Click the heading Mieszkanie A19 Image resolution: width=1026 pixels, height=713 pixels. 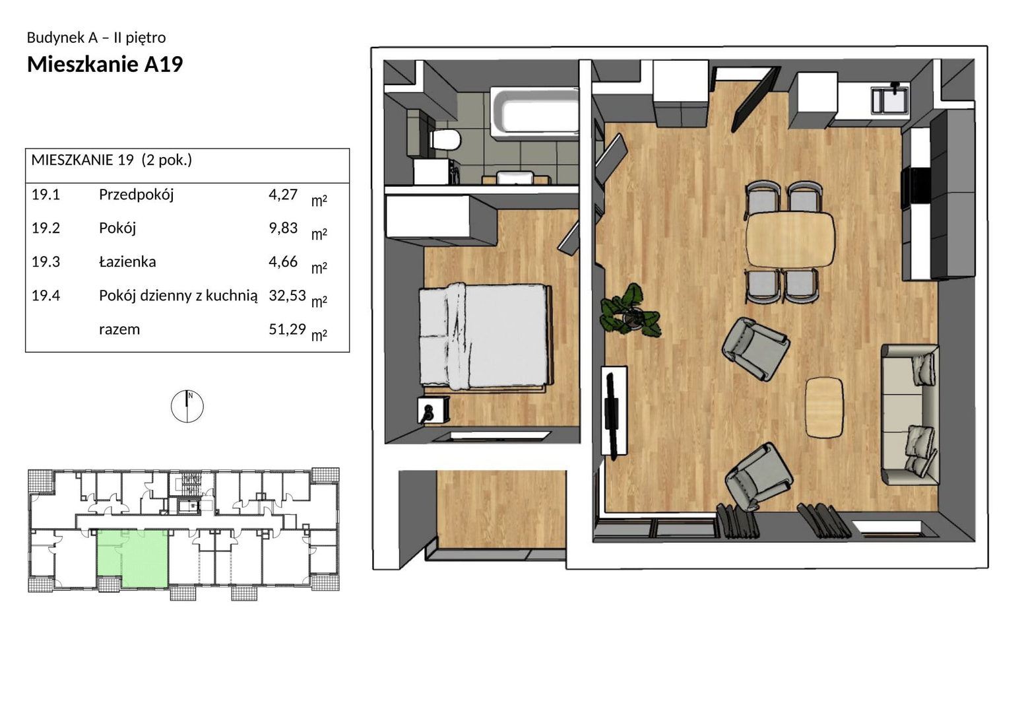coord(105,64)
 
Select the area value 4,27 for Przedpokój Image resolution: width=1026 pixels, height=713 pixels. coord(283,195)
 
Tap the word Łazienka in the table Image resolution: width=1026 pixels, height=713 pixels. coord(127,261)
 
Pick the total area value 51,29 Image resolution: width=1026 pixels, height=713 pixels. coord(287,329)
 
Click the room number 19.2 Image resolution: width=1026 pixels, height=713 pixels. coord(46,228)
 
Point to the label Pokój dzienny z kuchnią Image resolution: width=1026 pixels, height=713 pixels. coord(178,296)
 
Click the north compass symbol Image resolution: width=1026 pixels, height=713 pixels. coord(187,406)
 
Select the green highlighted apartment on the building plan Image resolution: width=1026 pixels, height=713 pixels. coord(133,559)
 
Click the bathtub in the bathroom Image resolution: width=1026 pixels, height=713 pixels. coord(534,112)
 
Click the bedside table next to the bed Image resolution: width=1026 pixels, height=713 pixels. coord(433,410)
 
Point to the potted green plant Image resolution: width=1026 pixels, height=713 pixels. coord(631,311)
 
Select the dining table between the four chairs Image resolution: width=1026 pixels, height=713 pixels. coord(790,239)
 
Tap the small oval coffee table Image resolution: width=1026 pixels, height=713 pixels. coord(824,407)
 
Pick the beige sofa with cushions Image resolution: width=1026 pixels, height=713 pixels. coord(910,415)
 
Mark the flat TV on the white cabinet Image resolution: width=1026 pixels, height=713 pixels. coord(611,413)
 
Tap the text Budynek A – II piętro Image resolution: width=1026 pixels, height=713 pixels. coord(96,38)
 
